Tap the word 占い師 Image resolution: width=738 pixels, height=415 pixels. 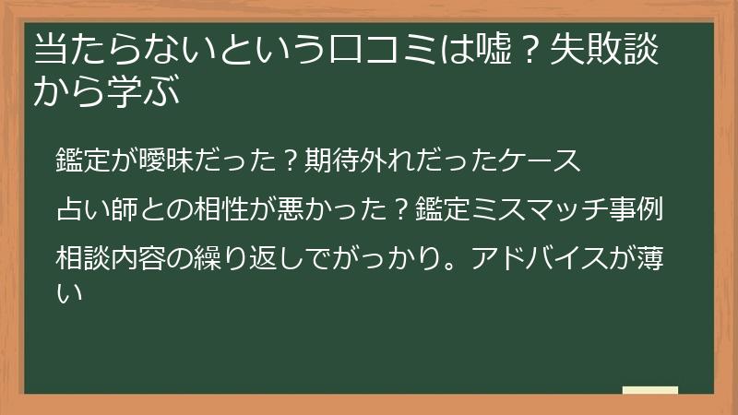click(97, 208)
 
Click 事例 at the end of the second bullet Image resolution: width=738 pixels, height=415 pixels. click(640, 208)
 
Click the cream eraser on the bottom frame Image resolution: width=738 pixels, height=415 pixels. click(650, 390)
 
